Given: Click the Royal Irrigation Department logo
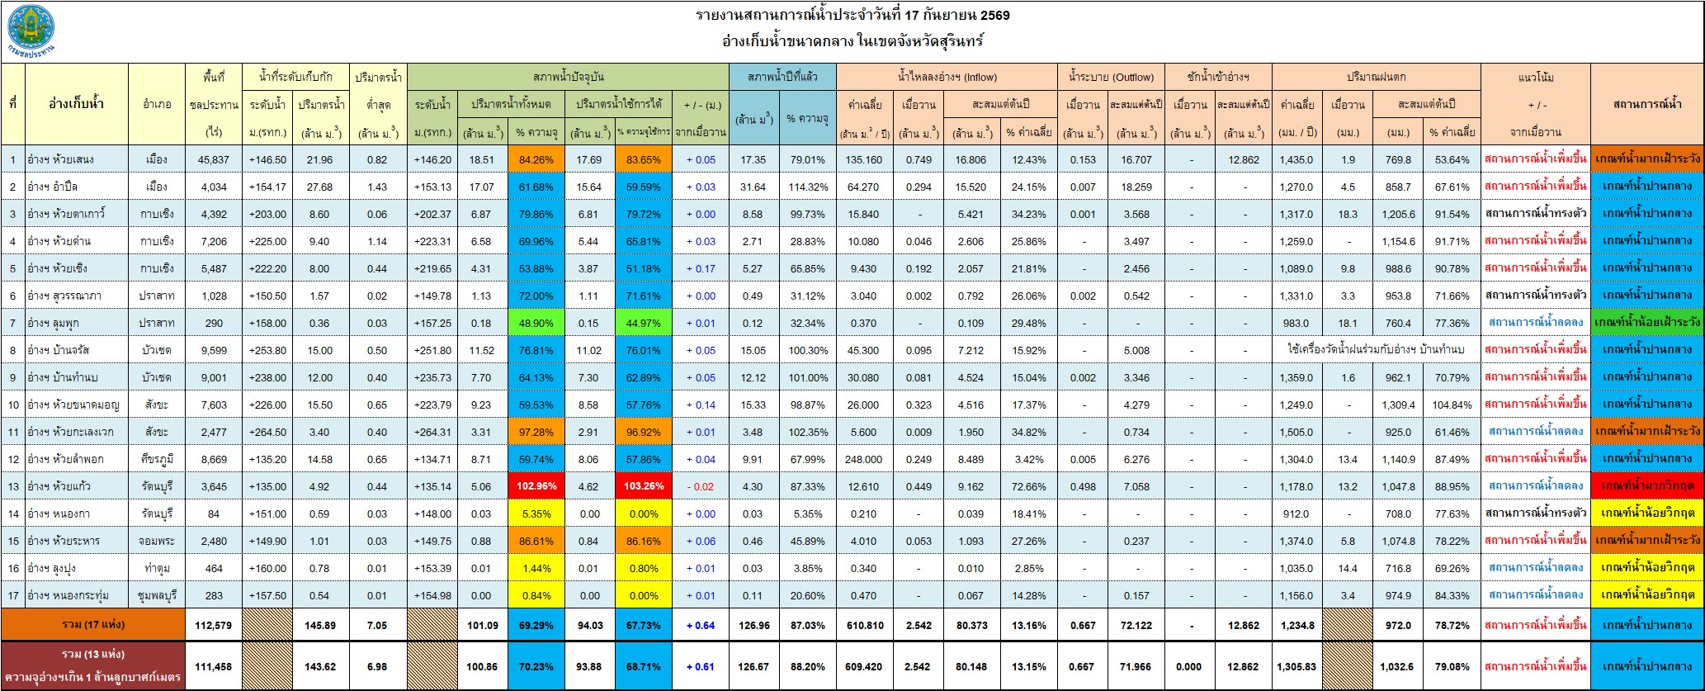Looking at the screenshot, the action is pyautogui.click(x=31, y=31).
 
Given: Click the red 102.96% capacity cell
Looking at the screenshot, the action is pyautogui.click(x=536, y=486).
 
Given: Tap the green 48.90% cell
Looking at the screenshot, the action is pyautogui.click(x=536, y=323).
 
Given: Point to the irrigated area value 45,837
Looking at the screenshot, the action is pyautogui.click(x=214, y=159).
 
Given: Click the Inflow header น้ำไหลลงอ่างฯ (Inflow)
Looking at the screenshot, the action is pyautogui.click(x=947, y=78).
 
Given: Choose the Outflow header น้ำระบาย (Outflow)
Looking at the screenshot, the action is pyautogui.click(x=1111, y=78).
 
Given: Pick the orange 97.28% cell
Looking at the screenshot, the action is pyautogui.click(x=536, y=432).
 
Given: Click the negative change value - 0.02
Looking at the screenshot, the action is pyautogui.click(x=700, y=486).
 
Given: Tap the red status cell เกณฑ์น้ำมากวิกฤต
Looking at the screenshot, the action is pyautogui.click(x=1647, y=486).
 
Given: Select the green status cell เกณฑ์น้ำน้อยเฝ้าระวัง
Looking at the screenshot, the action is pyautogui.click(x=1647, y=323).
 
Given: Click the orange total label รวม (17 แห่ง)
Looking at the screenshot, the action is pyautogui.click(x=93, y=625).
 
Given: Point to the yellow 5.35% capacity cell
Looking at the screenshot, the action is pyautogui.click(x=536, y=514).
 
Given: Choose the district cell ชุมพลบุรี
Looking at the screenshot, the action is pyautogui.click(x=157, y=595).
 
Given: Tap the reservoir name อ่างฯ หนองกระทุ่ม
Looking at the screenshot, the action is pyautogui.click(x=70, y=595).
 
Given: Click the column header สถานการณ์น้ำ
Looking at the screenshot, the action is pyautogui.click(x=1647, y=104).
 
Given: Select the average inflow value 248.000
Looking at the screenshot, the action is pyautogui.click(x=864, y=459).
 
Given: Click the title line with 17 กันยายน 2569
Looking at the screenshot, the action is pyautogui.click(x=852, y=15).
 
